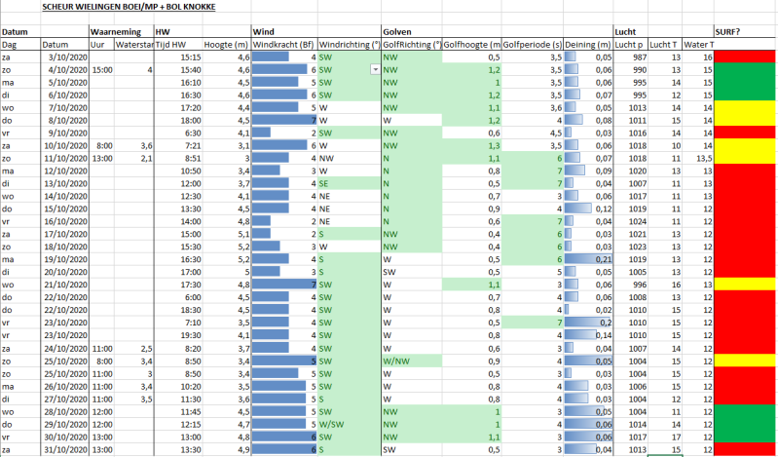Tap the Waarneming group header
coord(111,32)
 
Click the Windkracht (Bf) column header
coord(283,45)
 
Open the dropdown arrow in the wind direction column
coord(374,70)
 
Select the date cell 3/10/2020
coord(67,57)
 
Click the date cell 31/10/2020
coord(65,449)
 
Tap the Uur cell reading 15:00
coord(103,70)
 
